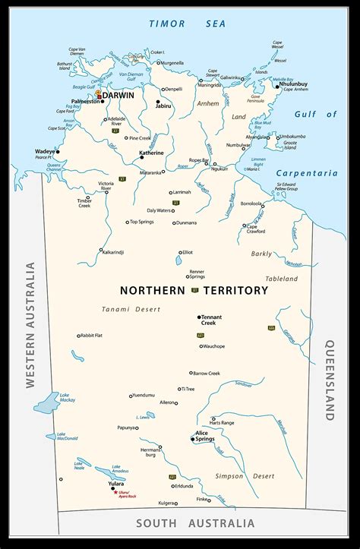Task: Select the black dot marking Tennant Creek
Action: [x=199, y=317]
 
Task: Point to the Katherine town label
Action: [x=151, y=153]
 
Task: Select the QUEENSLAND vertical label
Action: [x=330, y=380]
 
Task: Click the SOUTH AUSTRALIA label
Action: [x=195, y=523]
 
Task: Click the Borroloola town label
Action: [x=251, y=204]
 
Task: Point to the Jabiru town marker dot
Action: [x=158, y=101]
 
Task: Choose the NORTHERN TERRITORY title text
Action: [x=194, y=290]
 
